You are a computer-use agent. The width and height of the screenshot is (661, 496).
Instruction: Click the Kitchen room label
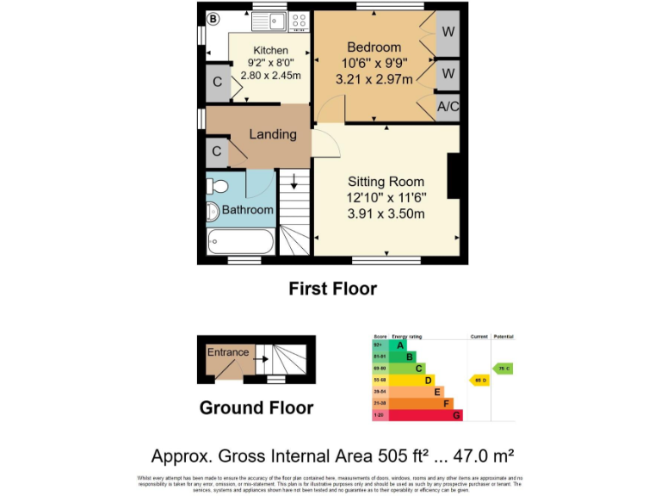point(270,51)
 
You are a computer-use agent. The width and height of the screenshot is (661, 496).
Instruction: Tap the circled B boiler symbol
point(213,17)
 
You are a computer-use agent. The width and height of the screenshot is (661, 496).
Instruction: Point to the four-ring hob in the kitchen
point(299,21)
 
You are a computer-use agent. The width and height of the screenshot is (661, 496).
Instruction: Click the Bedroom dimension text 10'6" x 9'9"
point(374,63)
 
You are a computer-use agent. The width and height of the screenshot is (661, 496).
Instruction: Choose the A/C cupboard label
point(448,107)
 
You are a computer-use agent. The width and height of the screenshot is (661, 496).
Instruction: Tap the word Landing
point(273,134)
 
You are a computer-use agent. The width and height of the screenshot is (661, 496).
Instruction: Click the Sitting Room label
point(386,182)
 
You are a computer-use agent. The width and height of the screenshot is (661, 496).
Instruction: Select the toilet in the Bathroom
point(217,187)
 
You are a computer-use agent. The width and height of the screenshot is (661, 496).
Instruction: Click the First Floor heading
point(332,288)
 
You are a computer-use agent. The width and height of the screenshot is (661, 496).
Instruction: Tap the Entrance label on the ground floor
point(228,352)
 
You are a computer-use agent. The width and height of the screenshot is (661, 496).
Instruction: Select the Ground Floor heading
point(256,407)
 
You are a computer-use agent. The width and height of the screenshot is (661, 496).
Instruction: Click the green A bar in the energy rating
point(399,345)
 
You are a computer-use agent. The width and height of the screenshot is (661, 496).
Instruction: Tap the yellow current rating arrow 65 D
point(479,380)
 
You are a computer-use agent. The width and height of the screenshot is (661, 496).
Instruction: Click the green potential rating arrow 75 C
point(503,368)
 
